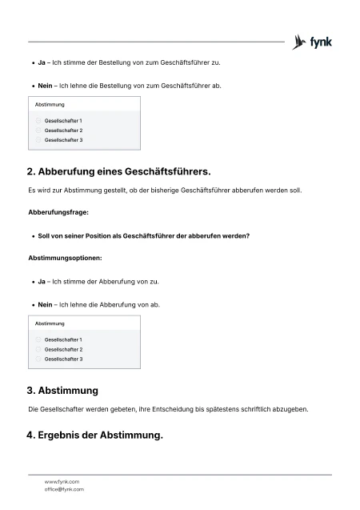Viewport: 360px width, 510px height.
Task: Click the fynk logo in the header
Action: point(313,42)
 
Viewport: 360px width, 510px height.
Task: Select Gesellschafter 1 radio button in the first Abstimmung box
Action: point(38,121)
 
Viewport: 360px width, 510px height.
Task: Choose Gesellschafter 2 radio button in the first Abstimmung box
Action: point(38,131)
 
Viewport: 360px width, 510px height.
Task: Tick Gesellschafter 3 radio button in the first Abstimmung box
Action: point(38,140)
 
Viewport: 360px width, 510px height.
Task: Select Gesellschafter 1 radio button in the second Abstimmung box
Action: point(38,340)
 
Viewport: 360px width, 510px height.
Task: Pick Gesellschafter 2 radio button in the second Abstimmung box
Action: point(38,350)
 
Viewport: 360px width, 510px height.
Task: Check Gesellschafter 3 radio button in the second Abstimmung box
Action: point(38,359)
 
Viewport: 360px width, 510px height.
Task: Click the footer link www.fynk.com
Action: point(62,482)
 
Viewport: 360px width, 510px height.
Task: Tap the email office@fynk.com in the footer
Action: point(64,489)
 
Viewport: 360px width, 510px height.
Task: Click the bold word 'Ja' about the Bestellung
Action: point(42,61)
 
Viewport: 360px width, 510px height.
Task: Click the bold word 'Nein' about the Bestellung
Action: point(45,84)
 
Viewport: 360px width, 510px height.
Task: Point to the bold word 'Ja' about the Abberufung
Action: point(42,282)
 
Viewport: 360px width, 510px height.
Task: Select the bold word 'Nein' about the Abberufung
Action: point(45,304)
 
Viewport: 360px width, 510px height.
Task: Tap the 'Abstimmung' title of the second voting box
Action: point(50,323)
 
